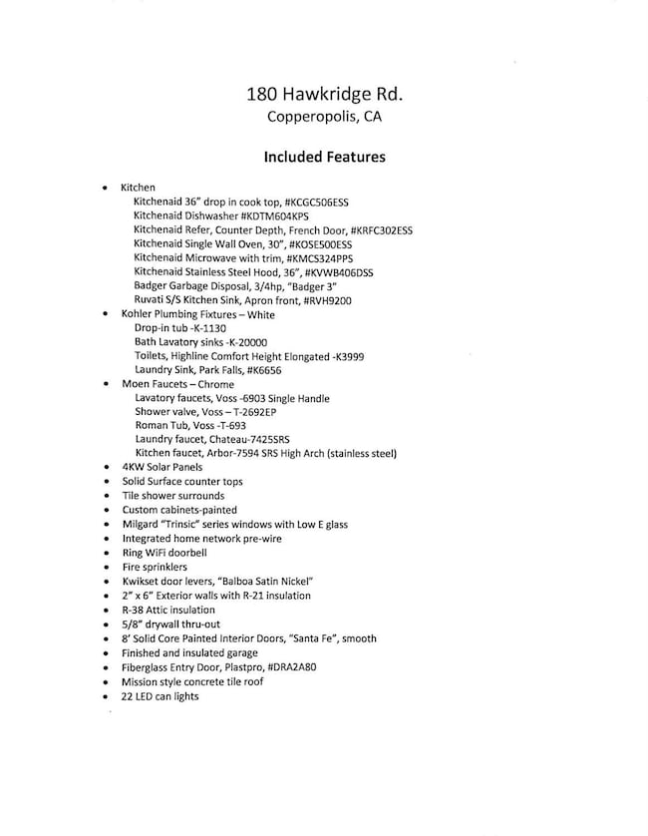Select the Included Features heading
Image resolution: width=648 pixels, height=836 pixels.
(324, 157)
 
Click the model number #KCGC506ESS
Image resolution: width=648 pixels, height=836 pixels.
(316, 202)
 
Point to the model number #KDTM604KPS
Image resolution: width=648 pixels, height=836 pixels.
(275, 215)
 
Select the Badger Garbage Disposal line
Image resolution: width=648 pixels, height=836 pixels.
(234, 285)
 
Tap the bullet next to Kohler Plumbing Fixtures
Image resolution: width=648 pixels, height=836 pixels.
(106, 313)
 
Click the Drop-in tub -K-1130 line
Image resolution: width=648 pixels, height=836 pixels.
(179, 327)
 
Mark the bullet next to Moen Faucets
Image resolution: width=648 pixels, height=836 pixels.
(106, 384)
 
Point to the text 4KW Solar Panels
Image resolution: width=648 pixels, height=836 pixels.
(162, 467)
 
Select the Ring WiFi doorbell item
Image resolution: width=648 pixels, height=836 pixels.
(164, 552)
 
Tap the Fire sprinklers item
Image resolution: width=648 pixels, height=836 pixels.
(154, 566)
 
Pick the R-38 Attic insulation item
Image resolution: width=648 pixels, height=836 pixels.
(167, 610)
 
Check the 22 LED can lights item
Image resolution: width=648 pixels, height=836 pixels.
(160, 695)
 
